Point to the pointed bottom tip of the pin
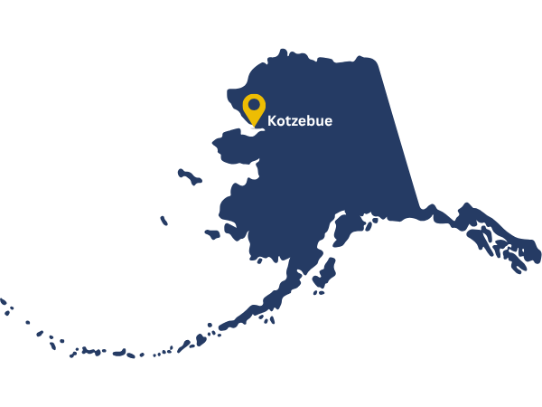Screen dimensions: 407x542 [x=254, y=126]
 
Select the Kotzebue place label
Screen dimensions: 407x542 [x=300, y=120]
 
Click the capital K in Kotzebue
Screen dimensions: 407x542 [x=273, y=120]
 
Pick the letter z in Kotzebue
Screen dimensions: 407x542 [x=296, y=121]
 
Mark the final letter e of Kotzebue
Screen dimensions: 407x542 [x=328, y=121]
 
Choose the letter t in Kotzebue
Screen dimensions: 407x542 [x=289, y=120]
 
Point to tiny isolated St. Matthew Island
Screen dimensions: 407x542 [x=164, y=221]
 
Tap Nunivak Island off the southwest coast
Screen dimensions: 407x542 [x=212, y=234]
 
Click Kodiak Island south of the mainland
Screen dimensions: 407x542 [x=323, y=273]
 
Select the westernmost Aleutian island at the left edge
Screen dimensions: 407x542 [x=3, y=301]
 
